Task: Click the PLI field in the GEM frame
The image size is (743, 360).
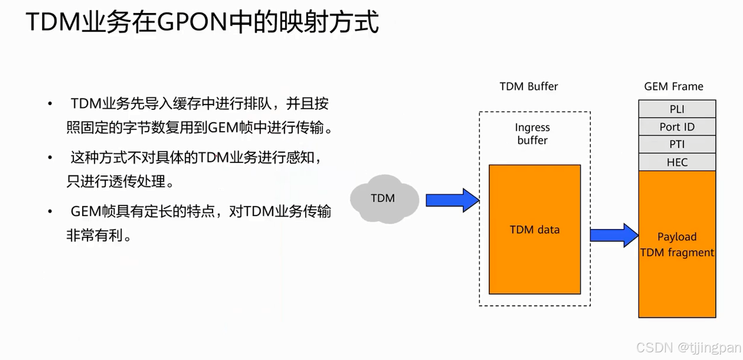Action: tap(677, 109)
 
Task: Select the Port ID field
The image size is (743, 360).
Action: tap(677, 127)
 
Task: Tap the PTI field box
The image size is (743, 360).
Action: tap(677, 144)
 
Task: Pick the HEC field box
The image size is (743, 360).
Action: tap(677, 162)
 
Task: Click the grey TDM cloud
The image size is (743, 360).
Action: tap(384, 199)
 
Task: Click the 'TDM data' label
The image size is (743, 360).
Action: tap(534, 230)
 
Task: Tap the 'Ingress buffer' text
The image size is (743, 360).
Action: tap(532, 134)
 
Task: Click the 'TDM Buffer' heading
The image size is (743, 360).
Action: tap(529, 86)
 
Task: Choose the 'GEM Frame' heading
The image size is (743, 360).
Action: tap(673, 86)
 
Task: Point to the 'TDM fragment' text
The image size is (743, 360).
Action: tap(677, 252)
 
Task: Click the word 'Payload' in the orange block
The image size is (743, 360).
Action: tap(677, 237)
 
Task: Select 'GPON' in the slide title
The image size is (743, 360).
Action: tap(192, 22)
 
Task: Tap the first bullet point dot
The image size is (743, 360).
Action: tap(50, 104)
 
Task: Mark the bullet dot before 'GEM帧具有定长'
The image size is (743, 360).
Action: tap(50, 212)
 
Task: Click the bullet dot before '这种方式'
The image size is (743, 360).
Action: tap(50, 158)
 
